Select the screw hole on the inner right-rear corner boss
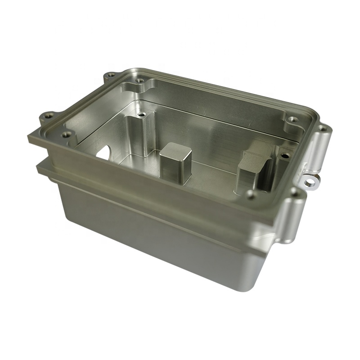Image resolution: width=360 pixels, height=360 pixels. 293,120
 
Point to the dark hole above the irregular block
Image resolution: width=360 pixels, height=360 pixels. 284,155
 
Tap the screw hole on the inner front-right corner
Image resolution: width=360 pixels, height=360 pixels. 251,194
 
